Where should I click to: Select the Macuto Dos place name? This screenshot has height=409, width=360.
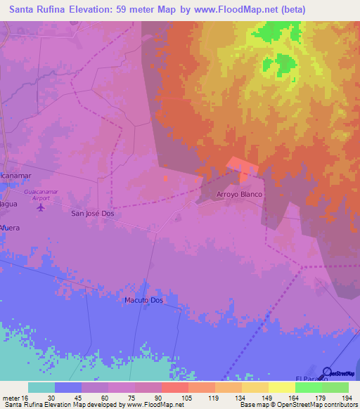point(143,300)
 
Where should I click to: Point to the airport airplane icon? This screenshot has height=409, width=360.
point(40,207)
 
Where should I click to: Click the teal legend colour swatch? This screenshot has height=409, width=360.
point(41,387)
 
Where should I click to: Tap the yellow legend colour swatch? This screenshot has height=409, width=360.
point(281,387)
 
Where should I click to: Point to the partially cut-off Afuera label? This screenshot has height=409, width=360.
point(10,228)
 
